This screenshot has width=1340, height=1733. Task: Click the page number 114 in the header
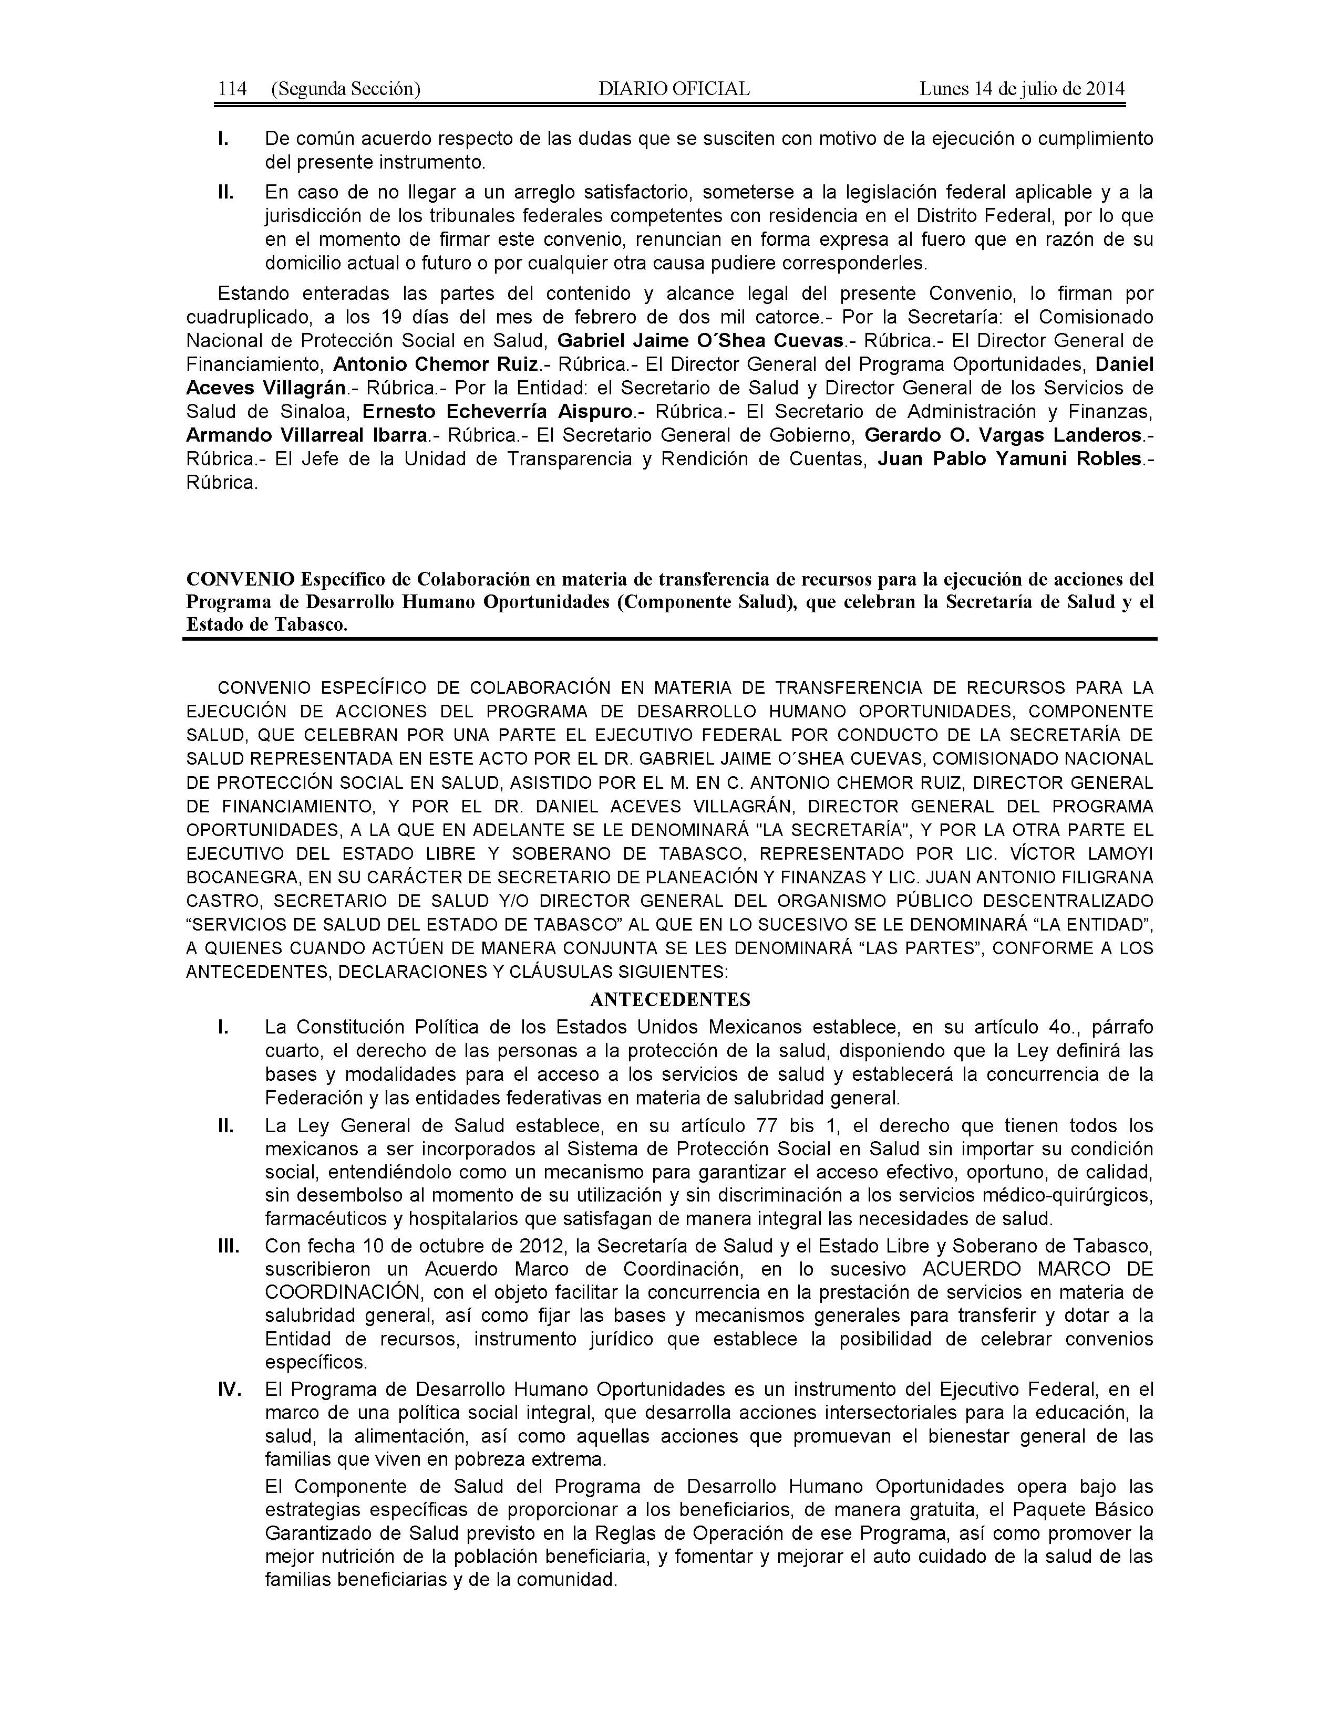coord(232,89)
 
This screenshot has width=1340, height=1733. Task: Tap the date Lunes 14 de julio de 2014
coord(1022,89)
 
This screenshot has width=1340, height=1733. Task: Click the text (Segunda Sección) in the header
coord(345,89)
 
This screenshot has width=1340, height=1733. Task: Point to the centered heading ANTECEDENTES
coord(670,999)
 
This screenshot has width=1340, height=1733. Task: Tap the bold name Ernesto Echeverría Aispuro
coord(498,412)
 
